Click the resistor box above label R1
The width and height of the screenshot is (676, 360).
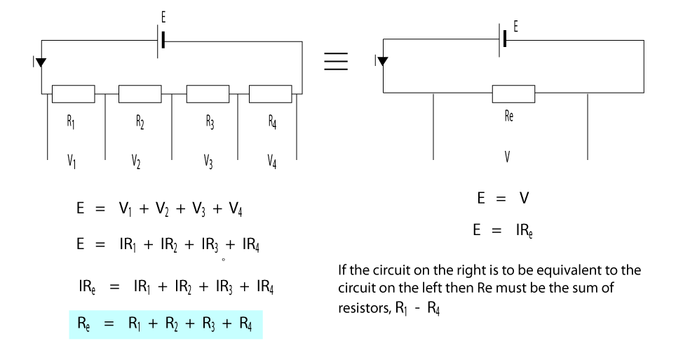click(74, 93)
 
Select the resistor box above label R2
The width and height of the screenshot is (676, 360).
click(140, 93)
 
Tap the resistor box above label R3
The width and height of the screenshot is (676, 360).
click(208, 93)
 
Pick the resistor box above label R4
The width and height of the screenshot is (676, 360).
click(271, 93)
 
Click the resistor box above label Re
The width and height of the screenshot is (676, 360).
click(513, 93)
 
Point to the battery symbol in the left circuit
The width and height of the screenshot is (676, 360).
click(160, 40)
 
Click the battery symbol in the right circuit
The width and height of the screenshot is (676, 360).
click(501, 40)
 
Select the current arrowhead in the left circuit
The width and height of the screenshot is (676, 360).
click(41, 62)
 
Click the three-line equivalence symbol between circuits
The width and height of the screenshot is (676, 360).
click(337, 62)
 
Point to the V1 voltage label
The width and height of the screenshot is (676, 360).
click(72, 160)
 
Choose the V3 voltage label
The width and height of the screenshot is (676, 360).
click(208, 160)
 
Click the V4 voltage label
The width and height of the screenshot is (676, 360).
click(271, 160)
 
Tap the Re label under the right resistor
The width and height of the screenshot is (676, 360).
click(509, 118)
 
